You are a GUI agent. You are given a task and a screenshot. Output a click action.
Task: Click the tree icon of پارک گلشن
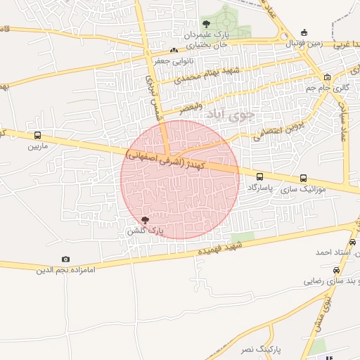[146, 221]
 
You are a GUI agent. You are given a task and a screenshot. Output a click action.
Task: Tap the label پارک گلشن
[146, 231]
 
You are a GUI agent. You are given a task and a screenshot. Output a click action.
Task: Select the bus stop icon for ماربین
[37, 136]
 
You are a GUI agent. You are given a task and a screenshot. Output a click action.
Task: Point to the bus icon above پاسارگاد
[260, 178]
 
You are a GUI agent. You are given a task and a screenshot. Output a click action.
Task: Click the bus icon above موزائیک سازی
[303, 178]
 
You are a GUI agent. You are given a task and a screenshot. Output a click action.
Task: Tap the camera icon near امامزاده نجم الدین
[66, 259]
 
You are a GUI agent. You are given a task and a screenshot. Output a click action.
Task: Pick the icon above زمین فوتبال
[303, 32]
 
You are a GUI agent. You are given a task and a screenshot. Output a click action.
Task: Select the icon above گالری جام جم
[327, 77]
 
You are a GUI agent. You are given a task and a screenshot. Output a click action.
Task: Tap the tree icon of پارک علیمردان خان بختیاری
[205, 23]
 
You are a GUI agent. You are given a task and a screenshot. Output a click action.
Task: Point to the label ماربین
[37, 147]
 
